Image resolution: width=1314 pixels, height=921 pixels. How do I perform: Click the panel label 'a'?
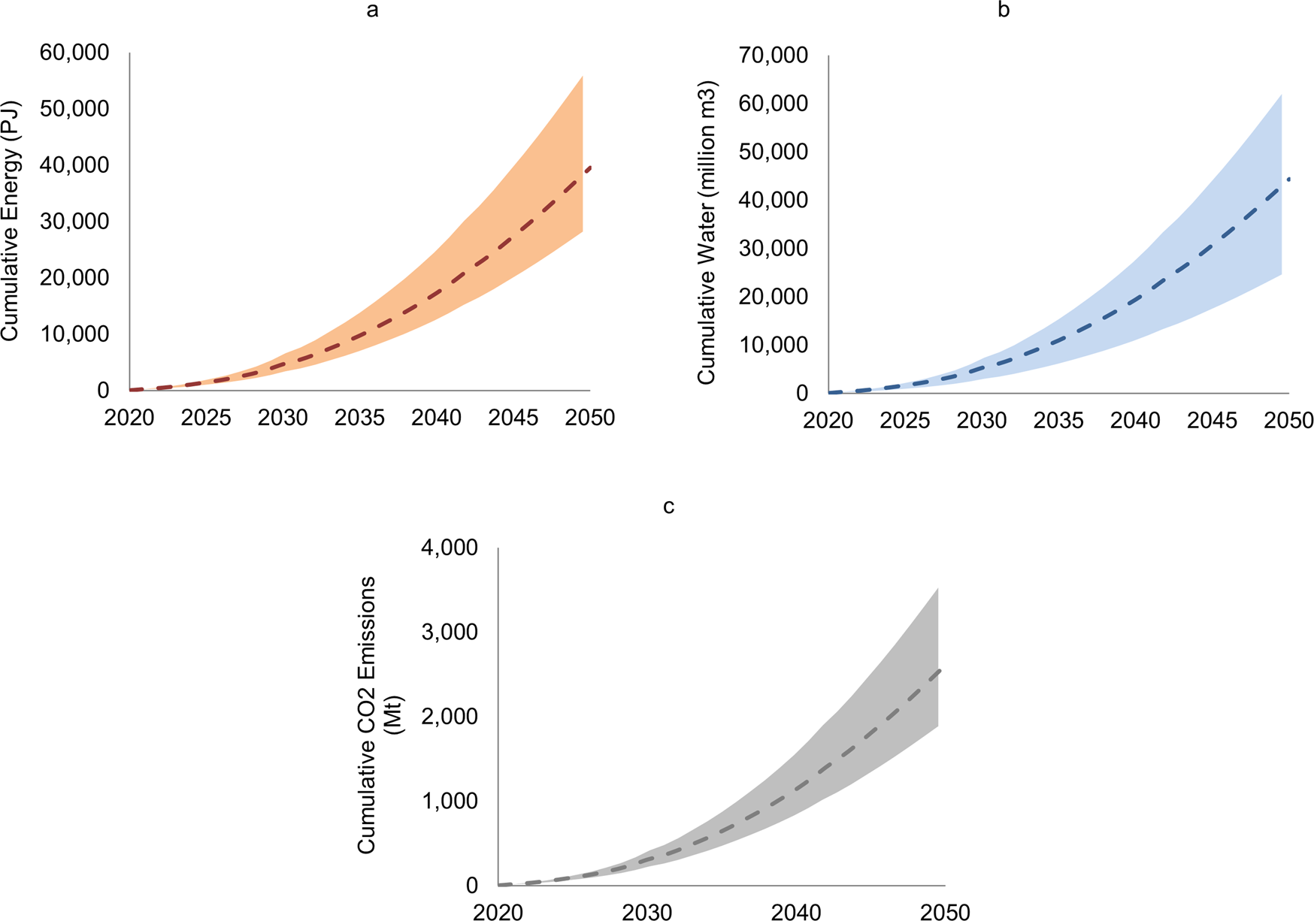pyautogui.click(x=371, y=11)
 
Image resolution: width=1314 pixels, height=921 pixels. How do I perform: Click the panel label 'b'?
pyautogui.click(x=1003, y=11)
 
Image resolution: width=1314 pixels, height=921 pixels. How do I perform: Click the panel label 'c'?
pyautogui.click(x=668, y=506)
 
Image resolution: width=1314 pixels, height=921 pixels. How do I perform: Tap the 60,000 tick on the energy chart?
pyautogui.click(x=75, y=53)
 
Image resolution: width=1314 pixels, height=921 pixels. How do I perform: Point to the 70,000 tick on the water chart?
pyautogui.click(x=774, y=55)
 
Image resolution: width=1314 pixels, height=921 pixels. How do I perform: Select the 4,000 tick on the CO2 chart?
pyautogui.click(x=450, y=548)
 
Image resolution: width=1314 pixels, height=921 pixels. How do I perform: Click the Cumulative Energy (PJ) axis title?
pyautogui.click(x=10, y=221)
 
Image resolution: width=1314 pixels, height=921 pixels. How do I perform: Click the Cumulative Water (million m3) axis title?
pyautogui.click(x=707, y=233)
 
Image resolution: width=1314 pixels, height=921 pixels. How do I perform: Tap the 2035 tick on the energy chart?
pyautogui.click(x=359, y=418)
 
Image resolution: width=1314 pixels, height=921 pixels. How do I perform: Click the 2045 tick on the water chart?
pyautogui.click(x=1212, y=421)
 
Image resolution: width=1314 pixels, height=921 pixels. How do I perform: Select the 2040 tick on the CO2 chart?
pyautogui.click(x=796, y=913)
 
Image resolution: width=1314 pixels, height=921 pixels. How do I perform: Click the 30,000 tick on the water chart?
pyautogui.click(x=774, y=248)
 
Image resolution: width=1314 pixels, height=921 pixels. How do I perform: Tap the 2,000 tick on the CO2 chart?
pyautogui.click(x=450, y=716)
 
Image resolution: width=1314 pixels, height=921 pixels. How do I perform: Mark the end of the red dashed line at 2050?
pyautogui.click(x=590, y=168)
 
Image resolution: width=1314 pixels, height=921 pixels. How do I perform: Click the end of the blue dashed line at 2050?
pyautogui.click(x=1288, y=179)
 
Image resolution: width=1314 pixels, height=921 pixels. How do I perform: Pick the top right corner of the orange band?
pyautogui.click(x=583, y=77)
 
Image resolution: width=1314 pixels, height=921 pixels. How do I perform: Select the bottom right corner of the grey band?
pyautogui.click(x=937, y=726)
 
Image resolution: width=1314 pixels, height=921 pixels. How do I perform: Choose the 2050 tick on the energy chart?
pyautogui.click(x=589, y=418)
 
